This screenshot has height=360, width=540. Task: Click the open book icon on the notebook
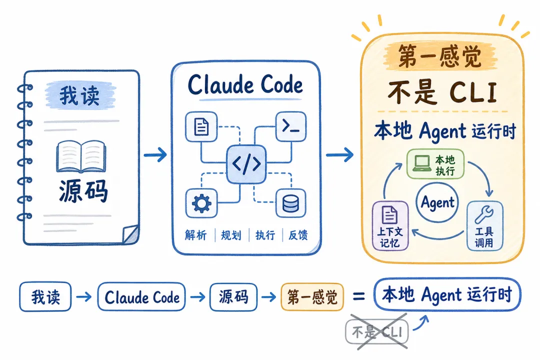click(x=81, y=156)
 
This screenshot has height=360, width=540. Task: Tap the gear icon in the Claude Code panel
click(x=201, y=203)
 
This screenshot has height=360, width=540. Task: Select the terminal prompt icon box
click(x=291, y=126)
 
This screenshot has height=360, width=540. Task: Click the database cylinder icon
click(x=290, y=203)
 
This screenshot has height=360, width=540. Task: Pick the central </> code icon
click(x=246, y=164)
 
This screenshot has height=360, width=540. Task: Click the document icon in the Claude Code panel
click(x=201, y=126)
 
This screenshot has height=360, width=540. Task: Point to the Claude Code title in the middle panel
click(x=245, y=84)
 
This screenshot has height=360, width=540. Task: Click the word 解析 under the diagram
click(x=195, y=235)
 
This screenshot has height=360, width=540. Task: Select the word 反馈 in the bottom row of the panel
click(x=298, y=235)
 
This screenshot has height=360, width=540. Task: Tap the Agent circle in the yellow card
click(x=437, y=202)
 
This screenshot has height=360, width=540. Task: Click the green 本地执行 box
click(x=435, y=164)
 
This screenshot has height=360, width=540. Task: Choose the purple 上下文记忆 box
click(x=390, y=225)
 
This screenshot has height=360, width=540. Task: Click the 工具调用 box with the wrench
click(x=484, y=225)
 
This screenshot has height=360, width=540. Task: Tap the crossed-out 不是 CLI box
click(x=377, y=332)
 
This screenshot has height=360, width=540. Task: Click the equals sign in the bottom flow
click(x=359, y=296)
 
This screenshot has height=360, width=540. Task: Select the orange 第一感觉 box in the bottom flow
click(x=312, y=297)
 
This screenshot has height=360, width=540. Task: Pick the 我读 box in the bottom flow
click(x=45, y=297)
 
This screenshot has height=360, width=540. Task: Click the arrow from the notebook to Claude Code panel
click(x=155, y=154)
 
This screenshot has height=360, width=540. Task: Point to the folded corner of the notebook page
click(x=131, y=234)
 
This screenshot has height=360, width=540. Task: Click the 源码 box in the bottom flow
click(x=233, y=297)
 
